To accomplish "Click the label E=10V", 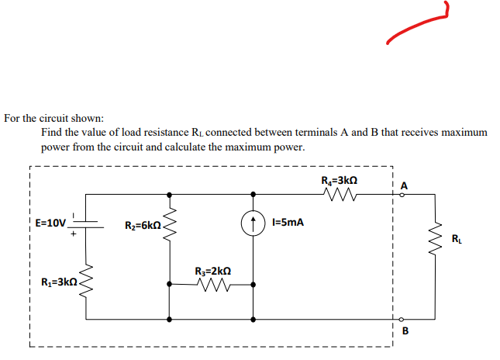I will point(51,223).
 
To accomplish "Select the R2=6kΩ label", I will point(142,226).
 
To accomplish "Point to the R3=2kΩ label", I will point(212,272).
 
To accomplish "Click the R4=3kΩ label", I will point(339,181).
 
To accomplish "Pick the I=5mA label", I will point(289,223).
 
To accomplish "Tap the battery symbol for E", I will point(87,222).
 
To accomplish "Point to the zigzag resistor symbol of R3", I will point(212,286).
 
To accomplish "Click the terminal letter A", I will point(405,185).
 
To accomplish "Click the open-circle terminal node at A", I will point(402,195).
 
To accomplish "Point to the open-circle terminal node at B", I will point(402,320).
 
